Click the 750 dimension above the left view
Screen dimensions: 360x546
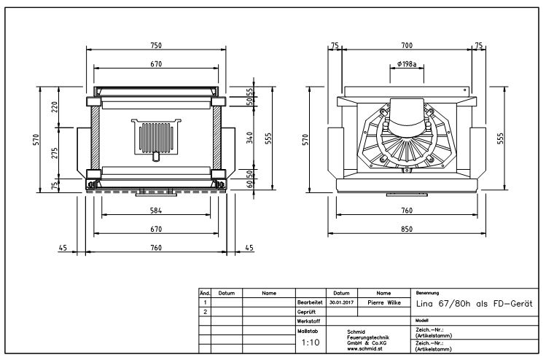[156, 45]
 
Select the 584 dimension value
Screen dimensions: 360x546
[156, 211]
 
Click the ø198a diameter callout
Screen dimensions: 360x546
[407, 65]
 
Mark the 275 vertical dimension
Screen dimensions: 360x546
[55, 153]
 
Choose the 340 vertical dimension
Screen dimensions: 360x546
[249, 138]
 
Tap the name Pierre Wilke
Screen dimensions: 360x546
[383, 301]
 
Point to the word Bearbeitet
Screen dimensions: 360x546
[310, 301]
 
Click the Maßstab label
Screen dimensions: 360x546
[307, 330]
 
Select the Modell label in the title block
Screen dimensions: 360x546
[421, 320]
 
